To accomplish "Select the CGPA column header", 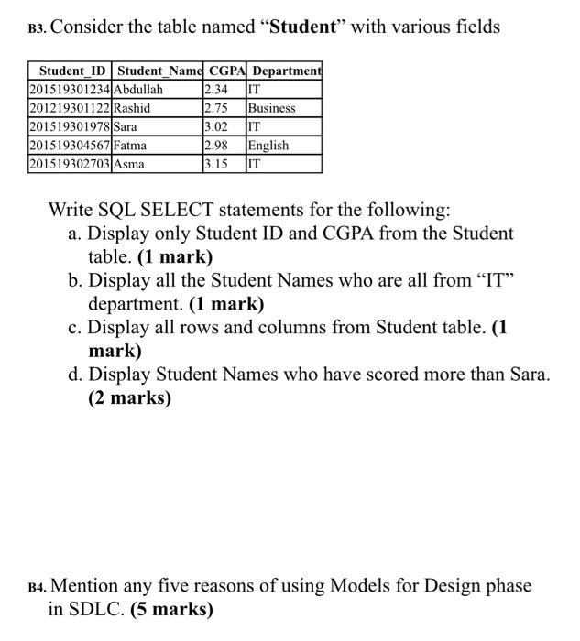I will (224, 71).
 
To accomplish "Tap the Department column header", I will (287, 71).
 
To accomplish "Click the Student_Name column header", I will (159, 71).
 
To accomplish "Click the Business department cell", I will (272, 108).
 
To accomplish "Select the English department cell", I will (268, 146).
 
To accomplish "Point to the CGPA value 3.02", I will (216, 127).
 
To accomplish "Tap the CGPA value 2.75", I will (216, 108).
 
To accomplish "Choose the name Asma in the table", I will (129, 165).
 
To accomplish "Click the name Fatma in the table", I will (131, 146).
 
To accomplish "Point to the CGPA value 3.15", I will (216, 165).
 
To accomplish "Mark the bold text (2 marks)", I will (130, 398).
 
